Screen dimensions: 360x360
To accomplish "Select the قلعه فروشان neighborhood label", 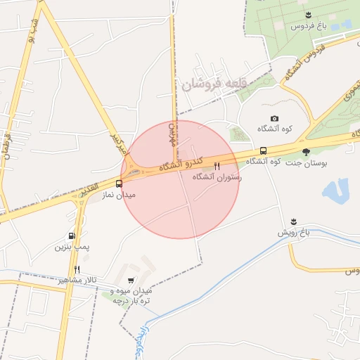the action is click(x=214, y=85).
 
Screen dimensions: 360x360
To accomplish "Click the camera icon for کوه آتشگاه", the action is click(x=274, y=118).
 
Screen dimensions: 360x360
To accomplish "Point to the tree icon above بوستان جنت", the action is click(x=305, y=151).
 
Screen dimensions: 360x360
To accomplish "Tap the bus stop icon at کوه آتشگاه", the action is click(x=263, y=150).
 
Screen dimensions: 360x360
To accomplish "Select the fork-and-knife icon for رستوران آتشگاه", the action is click(x=217, y=167).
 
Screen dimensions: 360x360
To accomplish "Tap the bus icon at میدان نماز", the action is click(x=118, y=184).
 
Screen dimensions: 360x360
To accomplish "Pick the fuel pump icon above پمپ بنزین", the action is click(x=72, y=236).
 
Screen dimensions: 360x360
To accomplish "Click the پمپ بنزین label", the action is click(x=72, y=247).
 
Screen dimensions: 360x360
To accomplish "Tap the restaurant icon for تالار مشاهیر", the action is click(x=77, y=269).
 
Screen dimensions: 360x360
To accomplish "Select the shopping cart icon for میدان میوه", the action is click(x=131, y=281).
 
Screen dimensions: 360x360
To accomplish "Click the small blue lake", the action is click(x=337, y=190).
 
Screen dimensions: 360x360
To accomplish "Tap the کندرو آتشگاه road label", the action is click(x=180, y=163).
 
